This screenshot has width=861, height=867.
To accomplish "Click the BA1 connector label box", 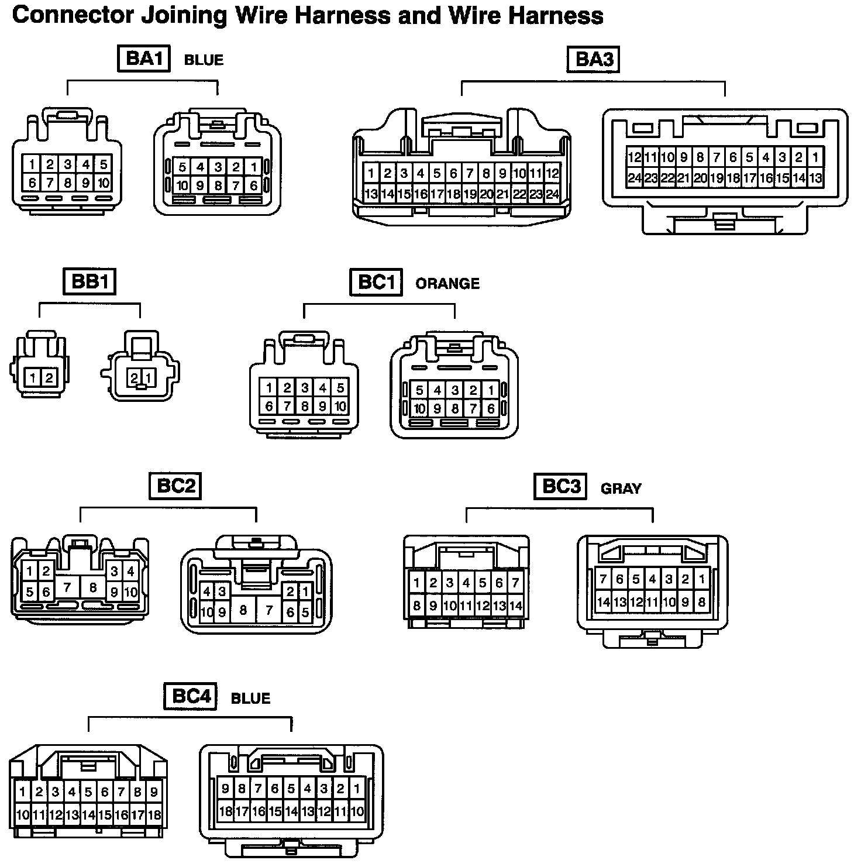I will [x=144, y=59].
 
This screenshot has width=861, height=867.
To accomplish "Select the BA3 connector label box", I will [x=593, y=59].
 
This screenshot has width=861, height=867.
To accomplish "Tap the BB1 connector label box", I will [x=89, y=282].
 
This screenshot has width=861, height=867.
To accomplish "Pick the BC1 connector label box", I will [x=376, y=283].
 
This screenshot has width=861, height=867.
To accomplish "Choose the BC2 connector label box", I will [x=175, y=486].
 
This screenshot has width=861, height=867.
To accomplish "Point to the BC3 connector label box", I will [x=560, y=486].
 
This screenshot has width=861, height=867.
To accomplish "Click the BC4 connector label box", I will [x=191, y=696].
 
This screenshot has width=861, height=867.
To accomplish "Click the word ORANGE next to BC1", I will [x=447, y=284].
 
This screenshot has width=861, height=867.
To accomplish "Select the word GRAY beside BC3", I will [x=621, y=488].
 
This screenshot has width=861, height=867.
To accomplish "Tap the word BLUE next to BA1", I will [x=204, y=60].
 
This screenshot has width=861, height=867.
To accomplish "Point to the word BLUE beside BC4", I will [x=250, y=699].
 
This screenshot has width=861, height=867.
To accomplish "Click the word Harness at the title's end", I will [x=556, y=16].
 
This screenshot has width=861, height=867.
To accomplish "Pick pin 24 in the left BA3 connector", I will [x=552, y=194].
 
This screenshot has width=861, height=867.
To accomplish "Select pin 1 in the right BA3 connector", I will [x=815, y=157].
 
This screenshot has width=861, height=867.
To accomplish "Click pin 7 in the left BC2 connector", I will [x=67, y=587].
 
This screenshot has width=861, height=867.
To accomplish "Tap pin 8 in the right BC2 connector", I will [x=242, y=611].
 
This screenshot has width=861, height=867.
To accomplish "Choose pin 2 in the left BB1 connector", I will [x=49, y=378].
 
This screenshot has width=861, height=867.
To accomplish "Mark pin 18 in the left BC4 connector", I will [x=154, y=814].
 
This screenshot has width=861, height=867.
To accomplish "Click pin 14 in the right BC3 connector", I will [x=603, y=601].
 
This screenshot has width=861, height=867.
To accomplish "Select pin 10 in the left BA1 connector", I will [x=103, y=183].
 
